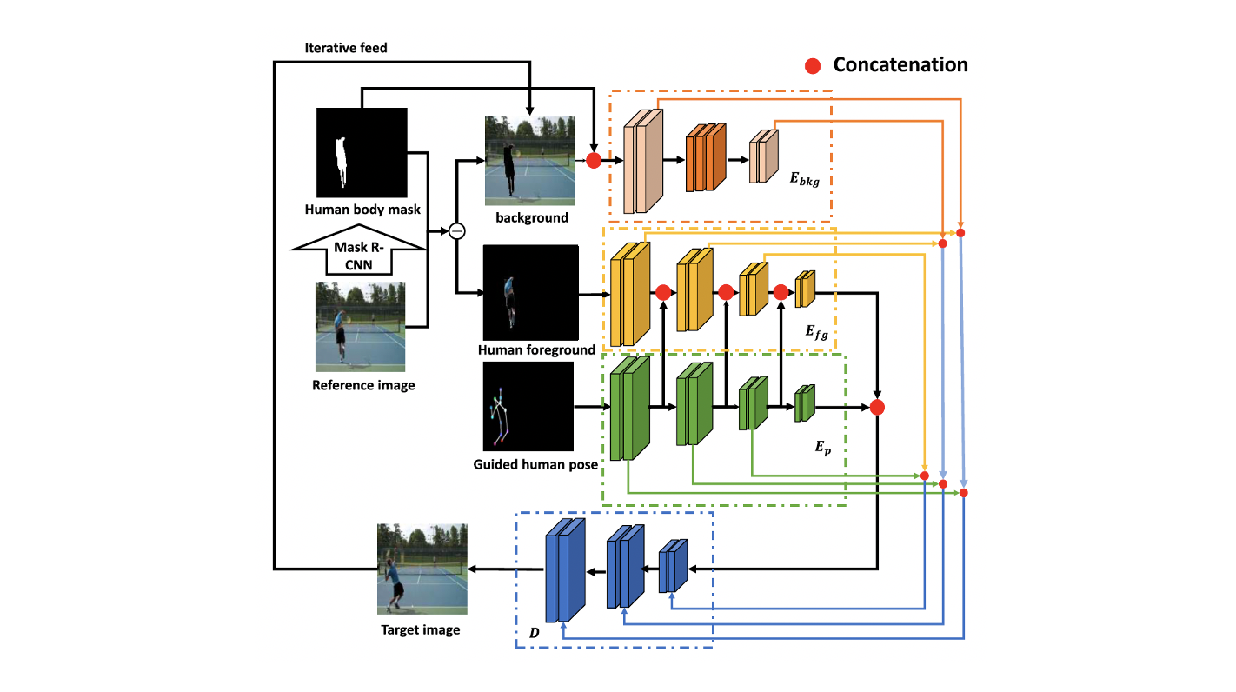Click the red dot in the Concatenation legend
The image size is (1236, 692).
point(812,65)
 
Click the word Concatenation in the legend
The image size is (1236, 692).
point(900,64)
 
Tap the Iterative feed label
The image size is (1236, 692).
point(346,48)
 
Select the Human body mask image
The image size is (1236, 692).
point(362,153)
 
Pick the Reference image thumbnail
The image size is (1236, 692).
point(360,326)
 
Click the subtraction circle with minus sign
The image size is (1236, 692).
point(455,230)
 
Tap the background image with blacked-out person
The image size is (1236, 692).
point(530,161)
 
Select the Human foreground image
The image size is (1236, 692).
point(531,292)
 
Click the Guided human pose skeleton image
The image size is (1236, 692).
point(528,406)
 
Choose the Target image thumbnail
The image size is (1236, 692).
point(422,569)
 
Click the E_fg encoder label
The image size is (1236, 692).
point(816,330)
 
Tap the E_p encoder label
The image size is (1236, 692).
point(822,448)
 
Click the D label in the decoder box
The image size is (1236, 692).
point(535,633)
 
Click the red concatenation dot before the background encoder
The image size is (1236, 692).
point(594,160)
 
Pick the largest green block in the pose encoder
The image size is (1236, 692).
point(630,408)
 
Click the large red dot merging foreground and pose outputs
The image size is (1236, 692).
point(877,407)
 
